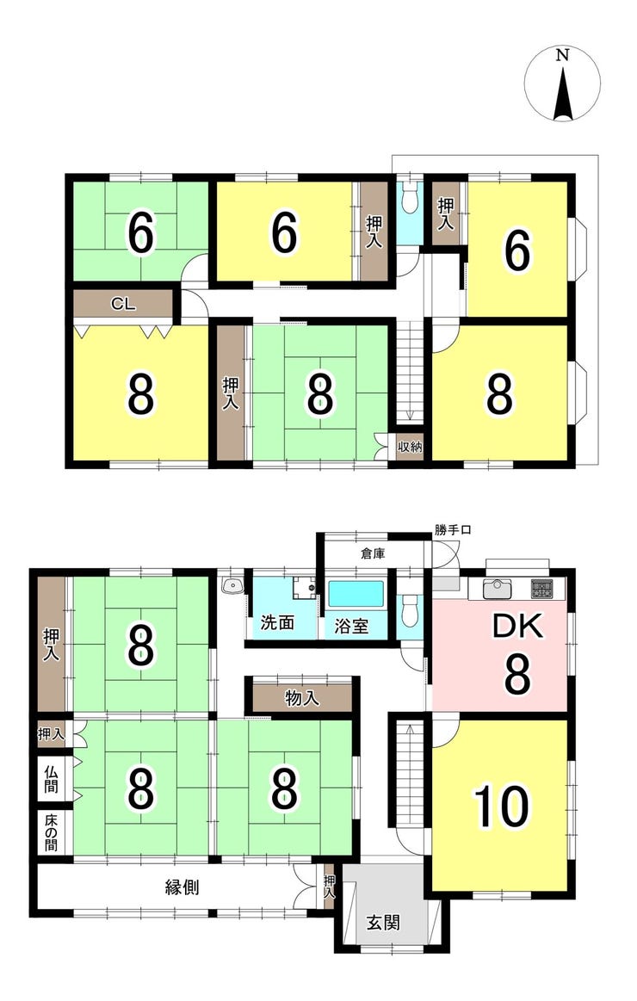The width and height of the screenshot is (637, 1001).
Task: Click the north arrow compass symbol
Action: [562, 85]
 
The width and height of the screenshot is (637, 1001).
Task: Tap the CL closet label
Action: [123, 305]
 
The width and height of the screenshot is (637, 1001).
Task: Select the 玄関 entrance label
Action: [383, 922]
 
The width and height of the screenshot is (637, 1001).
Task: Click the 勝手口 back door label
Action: [453, 530]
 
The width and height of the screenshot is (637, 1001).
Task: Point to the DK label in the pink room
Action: [517, 627]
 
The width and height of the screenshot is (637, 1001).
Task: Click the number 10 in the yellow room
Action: [502, 806]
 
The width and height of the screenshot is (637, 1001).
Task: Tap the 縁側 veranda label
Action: [182, 887]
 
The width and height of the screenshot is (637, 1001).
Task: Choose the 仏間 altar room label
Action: [51, 780]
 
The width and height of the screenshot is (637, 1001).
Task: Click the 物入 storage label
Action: [302, 698]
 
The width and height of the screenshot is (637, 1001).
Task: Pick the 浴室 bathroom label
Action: [352, 625]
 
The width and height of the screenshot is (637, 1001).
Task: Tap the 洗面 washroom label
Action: [277, 622]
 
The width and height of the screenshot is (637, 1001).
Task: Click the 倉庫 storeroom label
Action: [373, 553]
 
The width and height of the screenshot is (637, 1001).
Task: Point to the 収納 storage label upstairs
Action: [410, 446]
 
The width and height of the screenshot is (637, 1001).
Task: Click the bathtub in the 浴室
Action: [356, 595]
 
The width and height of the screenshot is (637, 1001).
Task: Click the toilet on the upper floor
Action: [409, 199]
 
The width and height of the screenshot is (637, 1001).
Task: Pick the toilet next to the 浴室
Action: [409, 611]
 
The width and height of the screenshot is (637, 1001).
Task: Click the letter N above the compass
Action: [562, 55]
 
